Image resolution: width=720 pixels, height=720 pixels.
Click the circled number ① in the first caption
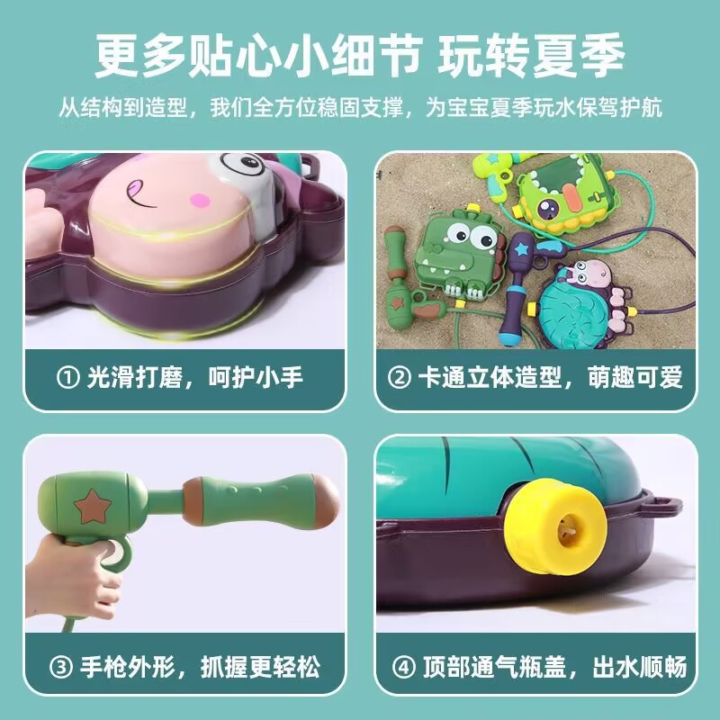(68, 377)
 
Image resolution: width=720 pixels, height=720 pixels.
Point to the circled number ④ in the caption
(402, 668)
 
